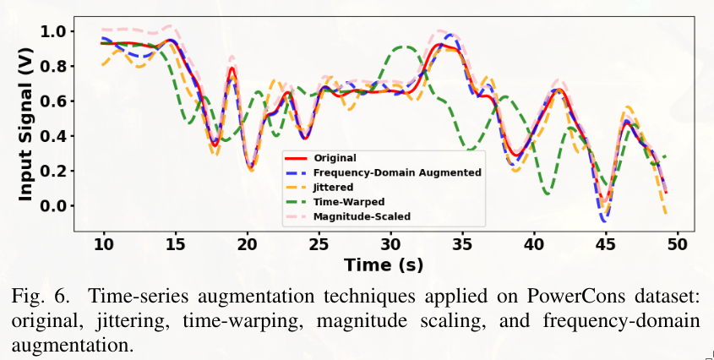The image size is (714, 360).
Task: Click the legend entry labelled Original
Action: pos(335,157)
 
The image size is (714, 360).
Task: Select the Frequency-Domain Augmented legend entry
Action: pos(397,172)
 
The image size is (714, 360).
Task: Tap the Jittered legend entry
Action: pos(334,187)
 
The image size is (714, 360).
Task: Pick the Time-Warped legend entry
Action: pos(349,202)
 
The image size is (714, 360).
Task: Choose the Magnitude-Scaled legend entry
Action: pos(362,216)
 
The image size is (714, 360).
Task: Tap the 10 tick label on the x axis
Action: pos(104,245)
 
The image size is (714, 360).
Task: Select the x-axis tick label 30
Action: pos(390,245)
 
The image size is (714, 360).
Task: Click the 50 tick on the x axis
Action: pos(676,245)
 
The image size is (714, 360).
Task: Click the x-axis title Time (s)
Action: pos(384,265)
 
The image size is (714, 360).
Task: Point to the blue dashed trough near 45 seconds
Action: pos(603,220)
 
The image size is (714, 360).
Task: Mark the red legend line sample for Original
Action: pos(296,157)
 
